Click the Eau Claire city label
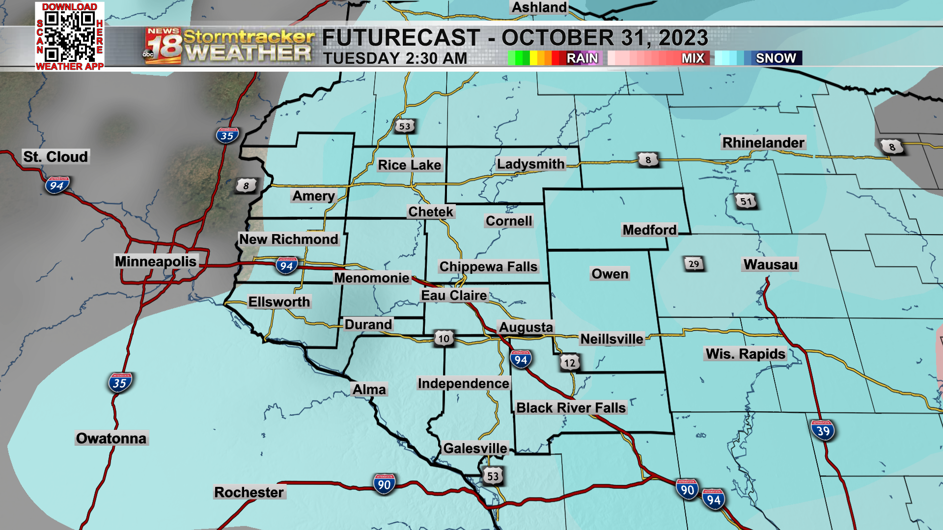(x=454, y=295)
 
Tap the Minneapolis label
(x=156, y=261)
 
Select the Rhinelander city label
(x=763, y=143)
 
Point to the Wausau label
(x=770, y=265)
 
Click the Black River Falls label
(x=571, y=408)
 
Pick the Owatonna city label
(x=111, y=438)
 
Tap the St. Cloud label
(x=55, y=157)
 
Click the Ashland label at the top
(x=539, y=7)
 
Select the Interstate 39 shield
(x=823, y=431)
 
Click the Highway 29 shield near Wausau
(x=693, y=264)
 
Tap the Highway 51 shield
(x=746, y=201)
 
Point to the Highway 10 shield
(x=444, y=339)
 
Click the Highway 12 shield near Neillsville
(x=569, y=363)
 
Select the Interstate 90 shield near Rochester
(x=384, y=485)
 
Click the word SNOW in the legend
(x=776, y=58)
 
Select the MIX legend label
(x=693, y=58)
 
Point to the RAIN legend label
(x=582, y=58)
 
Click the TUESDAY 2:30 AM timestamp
(x=395, y=58)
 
